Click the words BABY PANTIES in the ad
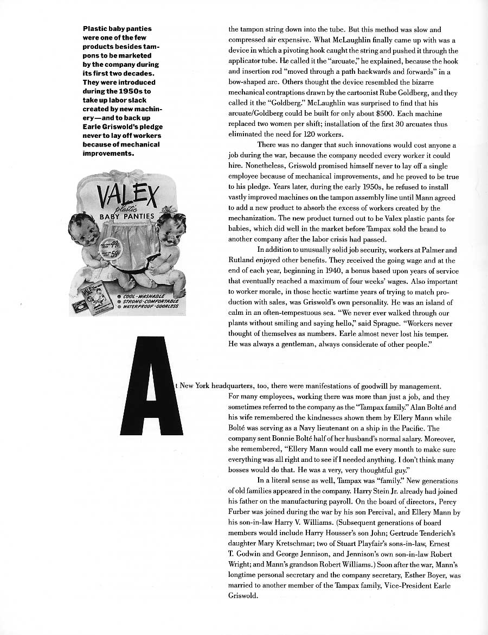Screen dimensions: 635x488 [127, 217]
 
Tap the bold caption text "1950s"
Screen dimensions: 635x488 [127, 91]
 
